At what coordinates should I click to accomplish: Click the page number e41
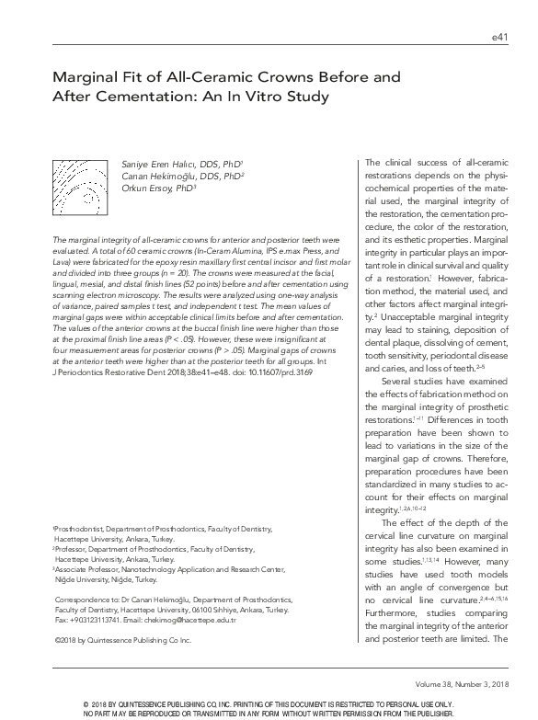pos(499,38)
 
